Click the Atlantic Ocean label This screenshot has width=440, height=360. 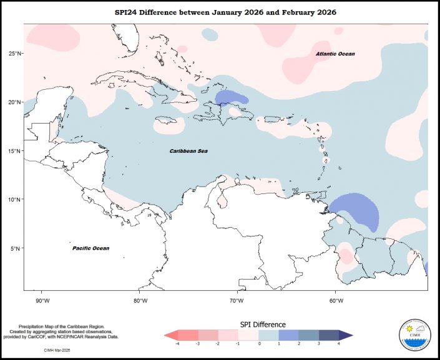335,54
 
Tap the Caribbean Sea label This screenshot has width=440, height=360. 190,151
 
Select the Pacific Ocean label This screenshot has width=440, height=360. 90,248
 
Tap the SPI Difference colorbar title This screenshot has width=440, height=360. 263,324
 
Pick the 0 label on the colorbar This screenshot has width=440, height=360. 259,344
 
